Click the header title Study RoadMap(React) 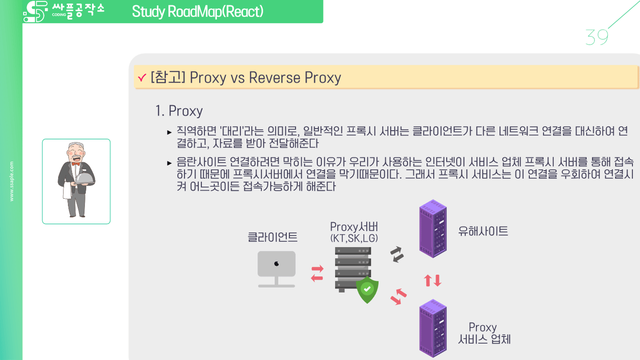coord(197,11)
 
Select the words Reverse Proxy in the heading coord(295,77)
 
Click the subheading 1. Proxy coord(179,111)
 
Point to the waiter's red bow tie coord(75,164)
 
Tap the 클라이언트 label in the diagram coord(272,237)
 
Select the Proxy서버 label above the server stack coord(354,227)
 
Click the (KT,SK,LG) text coord(354,238)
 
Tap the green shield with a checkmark coord(367,289)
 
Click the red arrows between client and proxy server coord(317,273)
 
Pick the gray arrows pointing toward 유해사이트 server coord(397,254)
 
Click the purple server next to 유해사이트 coord(432,229)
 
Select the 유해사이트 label coord(483,231)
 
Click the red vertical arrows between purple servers coord(432,280)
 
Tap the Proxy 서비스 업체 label coord(484,333)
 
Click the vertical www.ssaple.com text coord(12,181)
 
